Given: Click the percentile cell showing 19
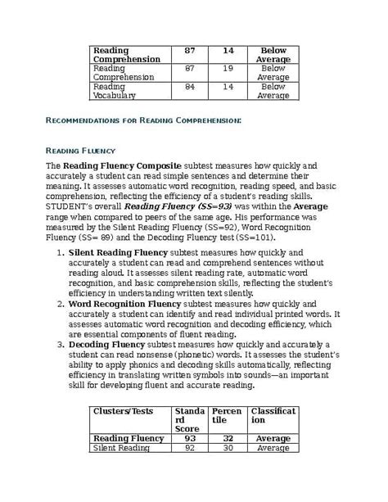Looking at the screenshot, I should (228, 69).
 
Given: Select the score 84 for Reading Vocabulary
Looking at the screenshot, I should (190, 86).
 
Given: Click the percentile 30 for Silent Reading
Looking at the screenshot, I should (228, 448).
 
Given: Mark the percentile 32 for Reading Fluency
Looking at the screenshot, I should (228, 438).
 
